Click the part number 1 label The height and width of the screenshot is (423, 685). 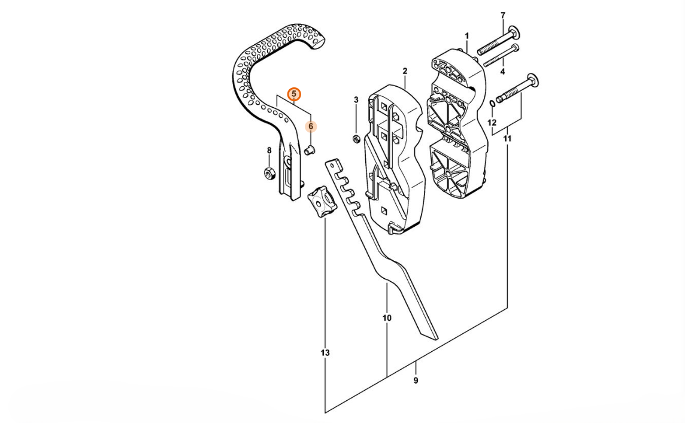466,36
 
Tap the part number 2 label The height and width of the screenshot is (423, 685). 405,71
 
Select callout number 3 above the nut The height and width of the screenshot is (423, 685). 356,99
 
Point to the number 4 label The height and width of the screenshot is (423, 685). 502,72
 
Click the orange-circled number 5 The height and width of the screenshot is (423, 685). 294,94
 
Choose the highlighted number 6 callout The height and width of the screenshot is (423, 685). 311,126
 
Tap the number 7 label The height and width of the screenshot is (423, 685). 502,15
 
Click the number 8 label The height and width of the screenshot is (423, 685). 269,150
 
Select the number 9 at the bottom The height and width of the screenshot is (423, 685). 416,381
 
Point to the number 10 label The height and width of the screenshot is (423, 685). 387,318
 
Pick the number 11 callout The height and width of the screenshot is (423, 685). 507,139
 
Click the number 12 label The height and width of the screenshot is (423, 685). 492,123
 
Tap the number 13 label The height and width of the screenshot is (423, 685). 325,353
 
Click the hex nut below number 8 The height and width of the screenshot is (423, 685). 269,174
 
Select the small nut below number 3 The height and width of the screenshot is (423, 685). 355,139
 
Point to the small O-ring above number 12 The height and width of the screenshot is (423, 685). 492,104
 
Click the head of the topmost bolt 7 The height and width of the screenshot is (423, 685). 513,31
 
